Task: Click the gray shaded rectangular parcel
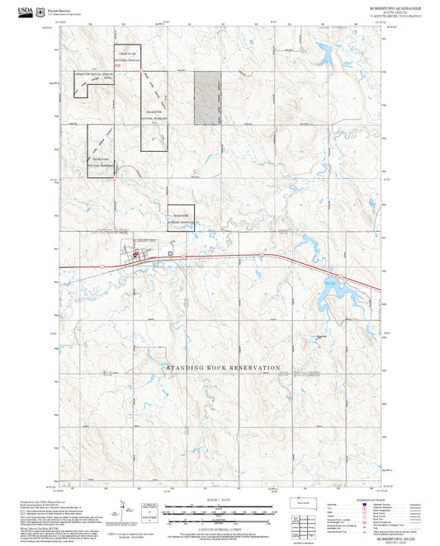[x=208, y=96]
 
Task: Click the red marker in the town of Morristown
[x=136, y=255]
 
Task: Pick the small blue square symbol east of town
[x=171, y=253]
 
